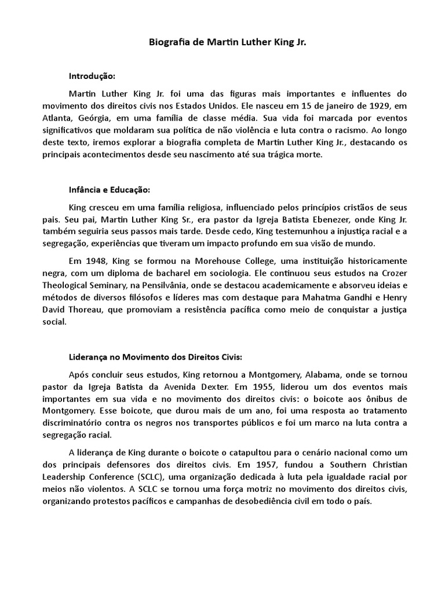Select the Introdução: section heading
(92, 76)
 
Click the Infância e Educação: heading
(110, 190)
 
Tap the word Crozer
(394, 273)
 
